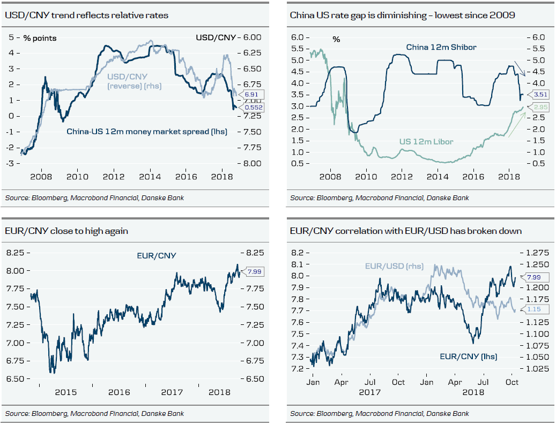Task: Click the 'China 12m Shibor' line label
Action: [441, 47]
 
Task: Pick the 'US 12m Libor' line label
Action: [426, 142]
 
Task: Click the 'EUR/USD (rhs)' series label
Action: [394, 266]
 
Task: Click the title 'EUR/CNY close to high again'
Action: [66, 231]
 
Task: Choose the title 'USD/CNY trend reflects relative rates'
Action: [86, 15]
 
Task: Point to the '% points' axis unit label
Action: [40, 38]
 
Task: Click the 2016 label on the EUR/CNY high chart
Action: [119, 392]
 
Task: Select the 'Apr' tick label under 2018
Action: [455, 382]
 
